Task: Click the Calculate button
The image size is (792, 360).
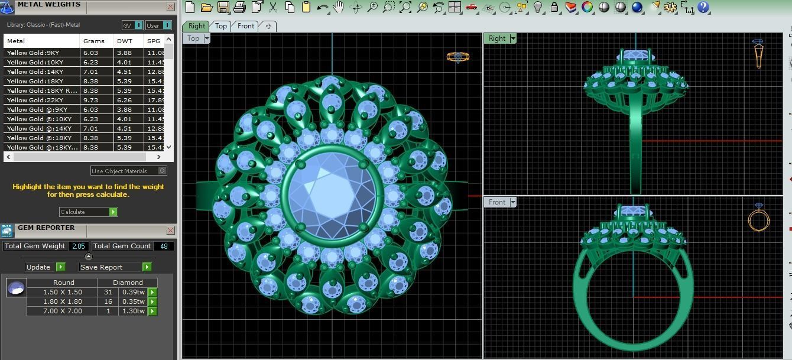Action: click(88, 212)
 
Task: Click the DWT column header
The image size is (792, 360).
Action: click(125, 41)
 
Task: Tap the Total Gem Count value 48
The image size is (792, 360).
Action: click(163, 246)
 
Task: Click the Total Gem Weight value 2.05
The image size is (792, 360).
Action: click(78, 246)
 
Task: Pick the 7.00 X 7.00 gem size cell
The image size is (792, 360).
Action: click(63, 311)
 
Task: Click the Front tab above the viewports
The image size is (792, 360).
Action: click(246, 26)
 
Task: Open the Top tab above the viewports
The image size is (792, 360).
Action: click(220, 26)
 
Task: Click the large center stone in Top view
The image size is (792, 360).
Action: click(331, 194)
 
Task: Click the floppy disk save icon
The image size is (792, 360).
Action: click(223, 7)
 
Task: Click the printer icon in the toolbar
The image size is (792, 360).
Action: click(239, 7)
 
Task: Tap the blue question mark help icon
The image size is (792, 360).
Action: click(703, 7)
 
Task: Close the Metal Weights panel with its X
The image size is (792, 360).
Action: click(170, 7)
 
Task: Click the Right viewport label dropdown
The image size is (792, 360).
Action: click(512, 38)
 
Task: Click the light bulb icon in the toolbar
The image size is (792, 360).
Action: click(538, 7)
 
